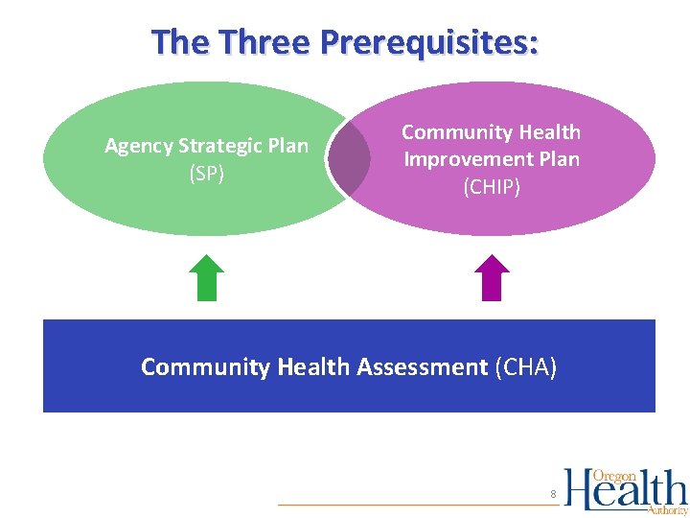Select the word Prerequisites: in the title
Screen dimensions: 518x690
(x=429, y=42)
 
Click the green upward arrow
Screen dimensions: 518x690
(x=206, y=278)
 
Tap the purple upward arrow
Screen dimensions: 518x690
(x=492, y=278)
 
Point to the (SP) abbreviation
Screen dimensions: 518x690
(x=206, y=173)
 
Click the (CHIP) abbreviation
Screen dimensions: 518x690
(x=492, y=186)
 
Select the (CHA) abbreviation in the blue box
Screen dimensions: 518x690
(x=525, y=366)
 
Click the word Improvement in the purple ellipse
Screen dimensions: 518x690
(x=465, y=159)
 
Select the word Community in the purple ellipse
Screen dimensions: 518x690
(x=447, y=132)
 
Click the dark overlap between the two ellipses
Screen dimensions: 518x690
(x=350, y=158)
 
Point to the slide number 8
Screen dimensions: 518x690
(x=553, y=495)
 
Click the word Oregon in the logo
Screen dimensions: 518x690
(x=615, y=477)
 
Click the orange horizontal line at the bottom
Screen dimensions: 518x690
(x=412, y=505)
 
